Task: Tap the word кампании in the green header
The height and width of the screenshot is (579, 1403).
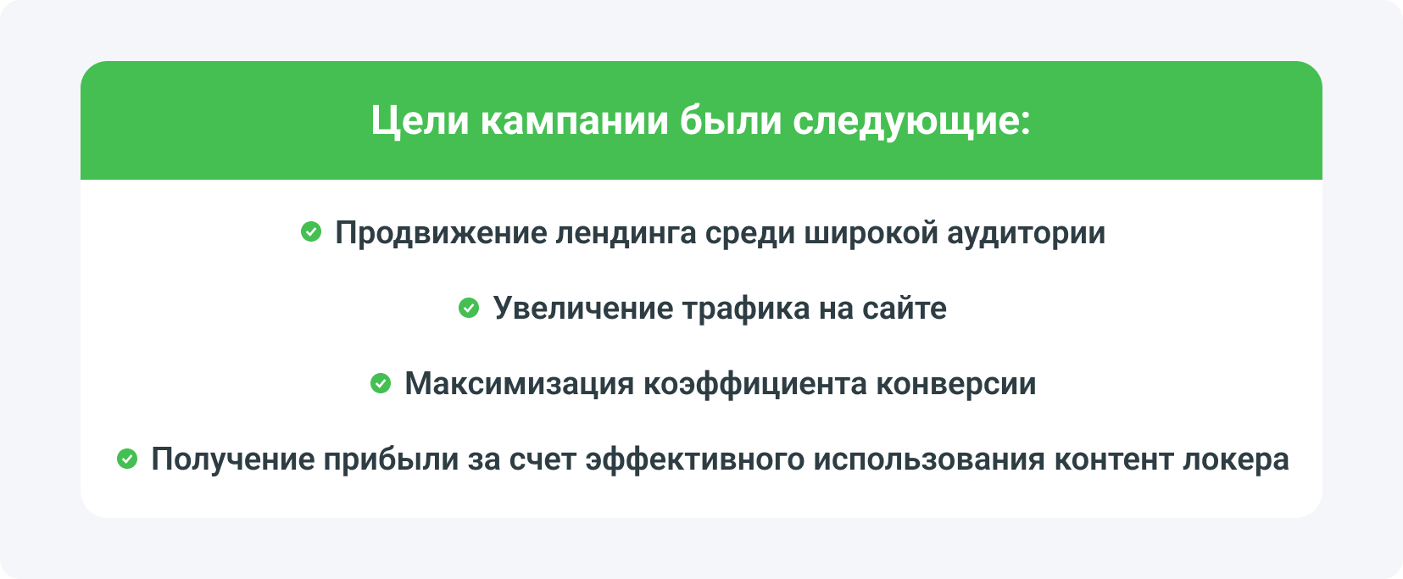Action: [x=575, y=120]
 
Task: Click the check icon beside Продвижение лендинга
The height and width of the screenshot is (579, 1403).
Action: [x=311, y=231]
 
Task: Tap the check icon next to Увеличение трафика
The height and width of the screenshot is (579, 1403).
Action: [x=469, y=308]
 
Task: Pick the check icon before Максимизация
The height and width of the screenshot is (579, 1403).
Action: [x=381, y=383]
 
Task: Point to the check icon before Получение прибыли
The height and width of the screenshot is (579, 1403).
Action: [x=127, y=459]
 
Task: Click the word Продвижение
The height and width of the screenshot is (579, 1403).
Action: [x=441, y=232]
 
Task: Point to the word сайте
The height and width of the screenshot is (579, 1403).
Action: [x=904, y=308]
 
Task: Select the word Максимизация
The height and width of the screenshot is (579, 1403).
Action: [x=519, y=383]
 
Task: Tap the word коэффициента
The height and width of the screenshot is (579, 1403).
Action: [x=754, y=383]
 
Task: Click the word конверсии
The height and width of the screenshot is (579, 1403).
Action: [x=955, y=383]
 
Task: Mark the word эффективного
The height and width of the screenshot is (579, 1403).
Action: [x=694, y=459]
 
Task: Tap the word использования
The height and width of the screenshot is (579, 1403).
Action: [x=929, y=459]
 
